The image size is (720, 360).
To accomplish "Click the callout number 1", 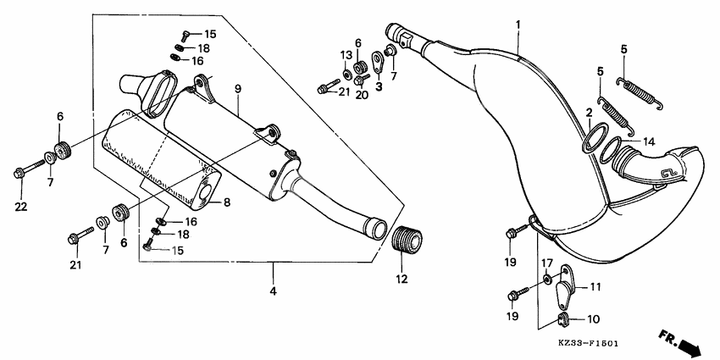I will pos(518,25).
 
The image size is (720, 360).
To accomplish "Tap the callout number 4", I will pos(272,292).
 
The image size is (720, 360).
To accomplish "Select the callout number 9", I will pos(238,89).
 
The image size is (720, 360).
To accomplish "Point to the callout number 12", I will pos(401,279).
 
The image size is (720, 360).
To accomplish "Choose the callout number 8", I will pos(226,202).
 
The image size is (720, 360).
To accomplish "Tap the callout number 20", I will pos(362,95).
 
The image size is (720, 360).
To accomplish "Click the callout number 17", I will pos(547,263).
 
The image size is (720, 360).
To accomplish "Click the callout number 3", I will pos(379,86).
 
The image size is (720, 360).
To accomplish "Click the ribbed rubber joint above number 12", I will pos(409,238).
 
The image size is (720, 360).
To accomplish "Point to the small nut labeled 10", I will pos(562,319).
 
